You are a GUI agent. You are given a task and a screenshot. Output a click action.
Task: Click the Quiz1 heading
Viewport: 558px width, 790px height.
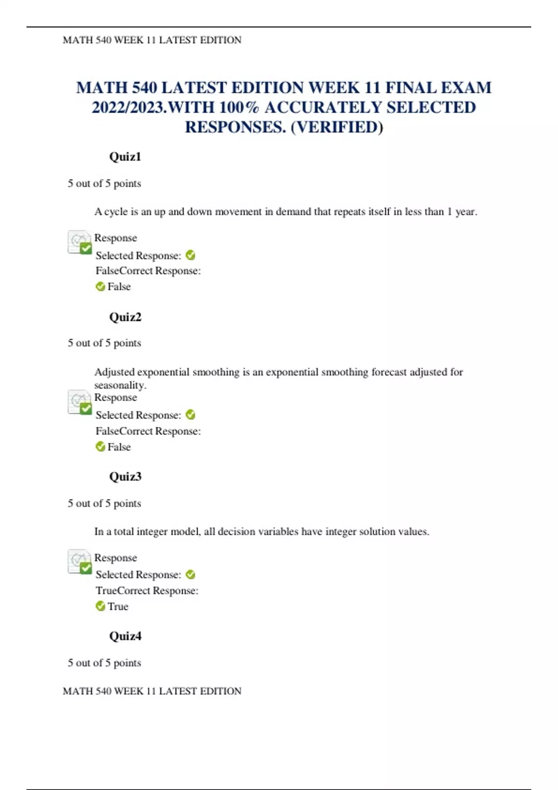tap(125, 157)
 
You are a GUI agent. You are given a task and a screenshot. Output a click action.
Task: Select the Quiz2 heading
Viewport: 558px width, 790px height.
tap(125, 317)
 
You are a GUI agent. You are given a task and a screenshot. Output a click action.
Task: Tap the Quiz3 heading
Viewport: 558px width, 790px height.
tap(125, 477)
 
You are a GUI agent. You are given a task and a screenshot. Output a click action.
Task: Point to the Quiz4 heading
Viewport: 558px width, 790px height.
tap(125, 636)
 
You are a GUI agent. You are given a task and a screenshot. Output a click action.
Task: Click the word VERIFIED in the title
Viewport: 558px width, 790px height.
tap(337, 127)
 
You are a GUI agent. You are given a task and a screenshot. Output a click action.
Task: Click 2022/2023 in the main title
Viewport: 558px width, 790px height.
tap(129, 107)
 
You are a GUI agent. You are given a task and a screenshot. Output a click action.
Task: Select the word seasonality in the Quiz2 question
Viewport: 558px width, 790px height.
tap(120, 385)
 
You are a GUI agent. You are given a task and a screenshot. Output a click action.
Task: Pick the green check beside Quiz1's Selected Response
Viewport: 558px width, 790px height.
tap(191, 255)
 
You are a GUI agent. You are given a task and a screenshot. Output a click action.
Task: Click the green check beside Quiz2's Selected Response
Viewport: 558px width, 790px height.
tap(191, 415)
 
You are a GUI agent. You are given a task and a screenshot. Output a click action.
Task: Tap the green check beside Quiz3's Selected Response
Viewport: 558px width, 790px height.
tap(191, 575)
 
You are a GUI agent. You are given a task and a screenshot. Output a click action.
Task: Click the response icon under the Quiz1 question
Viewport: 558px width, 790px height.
tap(80, 242)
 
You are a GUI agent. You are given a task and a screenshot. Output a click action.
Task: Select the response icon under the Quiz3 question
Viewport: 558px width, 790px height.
tap(80, 561)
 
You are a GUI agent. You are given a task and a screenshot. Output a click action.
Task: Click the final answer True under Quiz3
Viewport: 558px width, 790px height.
tap(118, 606)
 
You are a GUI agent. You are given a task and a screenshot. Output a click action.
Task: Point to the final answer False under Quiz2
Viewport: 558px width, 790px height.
tap(119, 447)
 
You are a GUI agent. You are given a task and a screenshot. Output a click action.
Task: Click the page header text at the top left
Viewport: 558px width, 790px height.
tap(152, 40)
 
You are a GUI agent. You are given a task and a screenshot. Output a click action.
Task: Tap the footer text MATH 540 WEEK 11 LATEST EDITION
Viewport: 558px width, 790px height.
tap(152, 691)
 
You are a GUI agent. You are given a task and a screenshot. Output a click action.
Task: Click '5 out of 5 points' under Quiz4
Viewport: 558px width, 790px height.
tap(104, 663)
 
